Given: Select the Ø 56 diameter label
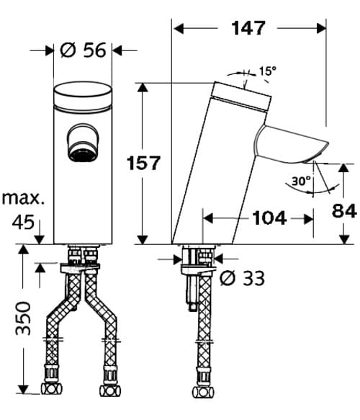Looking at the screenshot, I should coord(84,50).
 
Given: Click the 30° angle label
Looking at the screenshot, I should coord(301,181).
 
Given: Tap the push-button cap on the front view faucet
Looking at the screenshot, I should coord(84,94).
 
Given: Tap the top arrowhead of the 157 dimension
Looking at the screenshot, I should coord(143,87).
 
